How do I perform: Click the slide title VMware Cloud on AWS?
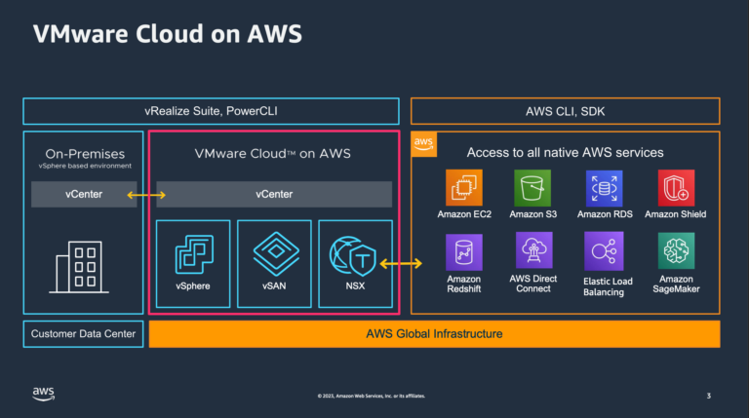point(167,34)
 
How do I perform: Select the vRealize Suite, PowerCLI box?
point(211,111)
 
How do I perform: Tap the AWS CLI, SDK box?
point(566,111)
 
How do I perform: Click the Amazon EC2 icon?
point(464,187)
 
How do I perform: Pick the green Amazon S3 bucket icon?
point(533,187)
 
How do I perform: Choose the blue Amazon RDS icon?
point(604,187)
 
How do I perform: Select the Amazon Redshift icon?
point(464,251)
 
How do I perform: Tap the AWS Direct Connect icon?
point(533,251)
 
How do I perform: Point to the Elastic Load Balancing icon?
point(604,251)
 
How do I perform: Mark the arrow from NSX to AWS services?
point(402,263)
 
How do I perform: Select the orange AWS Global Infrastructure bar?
point(434,334)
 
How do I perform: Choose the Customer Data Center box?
point(83,334)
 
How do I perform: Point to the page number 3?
point(708,396)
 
